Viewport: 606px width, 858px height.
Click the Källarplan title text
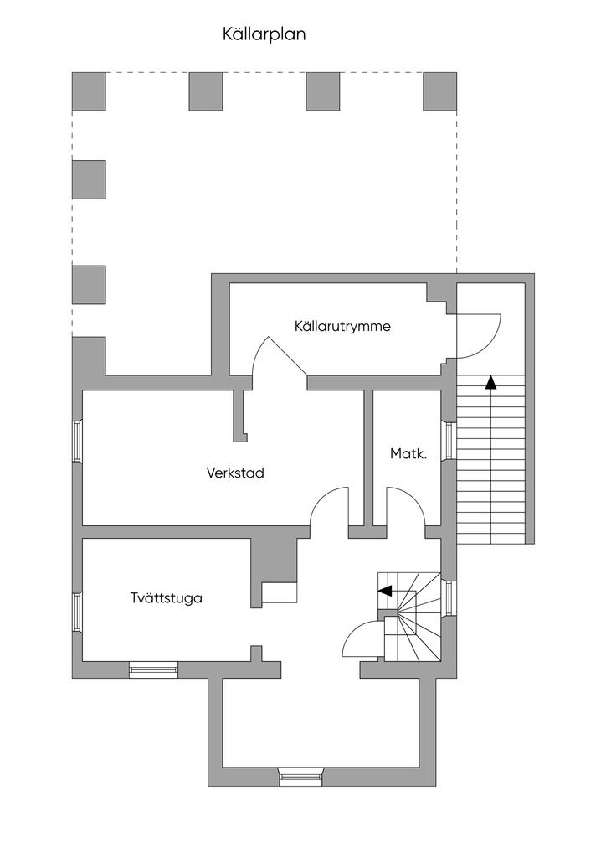pyautogui.click(x=264, y=34)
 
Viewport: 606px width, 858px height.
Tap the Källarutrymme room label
pyautogui.click(x=342, y=326)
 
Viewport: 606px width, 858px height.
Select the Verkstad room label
pyautogui.click(x=235, y=473)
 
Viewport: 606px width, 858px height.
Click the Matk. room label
pyautogui.click(x=408, y=454)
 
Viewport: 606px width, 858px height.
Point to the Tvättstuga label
pyautogui.click(x=166, y=598)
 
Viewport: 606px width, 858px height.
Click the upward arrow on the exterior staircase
pyautogui.click(x=490, y=383)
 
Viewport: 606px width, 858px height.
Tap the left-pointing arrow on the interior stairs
pyautogui.click(x=386, y=591)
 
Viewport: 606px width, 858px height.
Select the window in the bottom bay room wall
pyautogui.click(x=300, y=777)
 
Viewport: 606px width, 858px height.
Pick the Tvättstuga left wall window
pyautogui.click(x=77, y=612)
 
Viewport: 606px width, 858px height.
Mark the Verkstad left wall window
pyautogui.click(x=77, y=441)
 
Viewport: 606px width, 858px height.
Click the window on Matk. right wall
pyautogui.click(x=448, y=441)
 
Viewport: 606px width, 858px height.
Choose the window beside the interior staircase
pyautogui.click(x=448, y=597)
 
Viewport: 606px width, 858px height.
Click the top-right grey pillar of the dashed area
pyautogui.click(x=439, y=91)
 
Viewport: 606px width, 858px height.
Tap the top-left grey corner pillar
pyautogui.click(x=89, y=91)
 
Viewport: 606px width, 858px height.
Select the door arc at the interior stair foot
pyautogui.click(x=361, y=641)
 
